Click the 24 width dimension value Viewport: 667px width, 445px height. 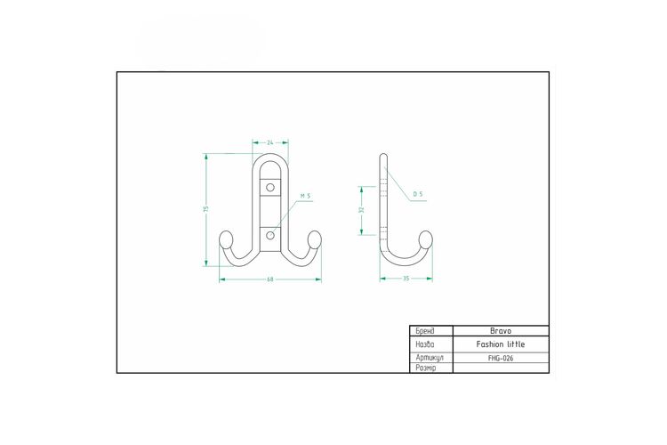270,142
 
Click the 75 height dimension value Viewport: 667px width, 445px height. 206,209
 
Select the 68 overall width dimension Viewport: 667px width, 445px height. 270,279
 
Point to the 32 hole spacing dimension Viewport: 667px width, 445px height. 362,209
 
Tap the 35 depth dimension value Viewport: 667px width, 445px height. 406,278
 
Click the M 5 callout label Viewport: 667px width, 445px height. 305,196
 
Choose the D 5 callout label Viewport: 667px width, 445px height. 418,194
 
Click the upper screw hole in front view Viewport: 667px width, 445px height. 270,187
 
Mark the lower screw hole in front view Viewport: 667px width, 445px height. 270,235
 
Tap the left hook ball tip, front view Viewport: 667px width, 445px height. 226,239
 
